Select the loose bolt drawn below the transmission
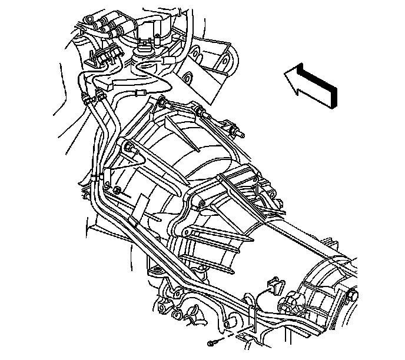[213, 342]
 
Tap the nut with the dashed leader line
[118, 191]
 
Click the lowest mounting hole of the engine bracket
[188, 78]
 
